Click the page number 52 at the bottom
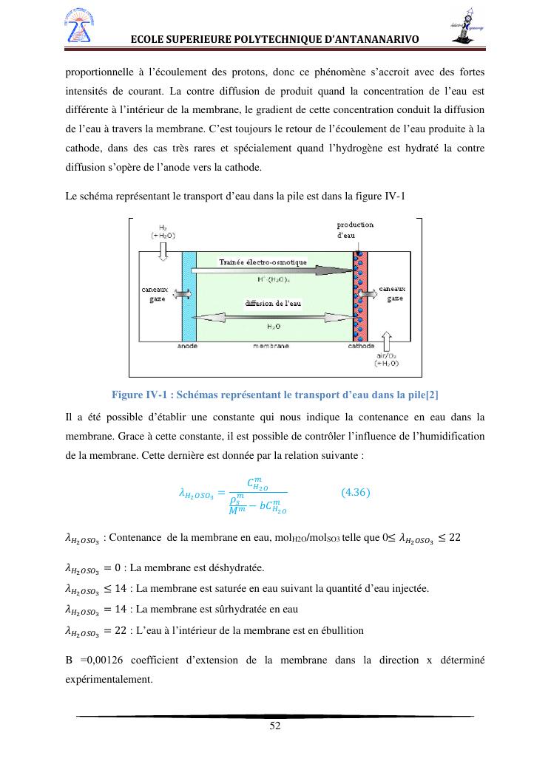click(275, 726)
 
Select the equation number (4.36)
click(356, 492)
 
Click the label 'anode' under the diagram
click(188, 346)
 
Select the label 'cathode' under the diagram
click(361, 346)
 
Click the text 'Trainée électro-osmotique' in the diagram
click(263, 262)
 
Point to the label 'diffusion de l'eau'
click(273, 303)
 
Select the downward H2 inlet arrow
click(163, 251)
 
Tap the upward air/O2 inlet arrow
click(388, 342)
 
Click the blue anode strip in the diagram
click(189, 296)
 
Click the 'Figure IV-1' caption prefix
click(135, 392)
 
